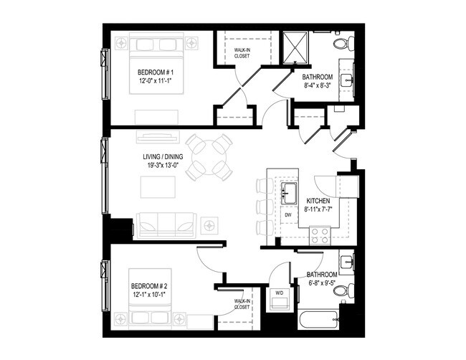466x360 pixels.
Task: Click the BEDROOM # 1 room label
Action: [x=156, y=73]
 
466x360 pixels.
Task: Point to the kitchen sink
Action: [x=290, y=193]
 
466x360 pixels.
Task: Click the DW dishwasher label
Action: [x=287, y=214]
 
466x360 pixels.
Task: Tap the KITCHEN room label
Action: [x=318, y=201]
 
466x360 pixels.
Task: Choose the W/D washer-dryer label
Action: [x=279, y=293]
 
